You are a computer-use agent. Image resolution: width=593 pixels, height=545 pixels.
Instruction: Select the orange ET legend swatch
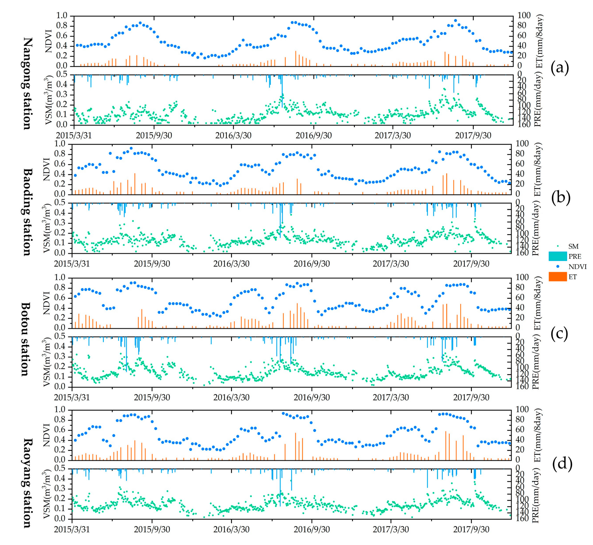tap(557, 277)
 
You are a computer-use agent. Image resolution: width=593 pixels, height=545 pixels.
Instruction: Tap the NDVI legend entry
tap(577, 267)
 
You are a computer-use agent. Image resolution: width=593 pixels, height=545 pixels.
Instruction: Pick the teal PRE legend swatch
tap(557, 256)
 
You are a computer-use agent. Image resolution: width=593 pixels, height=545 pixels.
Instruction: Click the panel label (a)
tap(559, 68)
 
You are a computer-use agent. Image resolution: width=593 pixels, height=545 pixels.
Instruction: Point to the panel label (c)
tap(559, 334)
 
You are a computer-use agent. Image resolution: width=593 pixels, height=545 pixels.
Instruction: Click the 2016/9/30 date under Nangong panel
tap(313, 136)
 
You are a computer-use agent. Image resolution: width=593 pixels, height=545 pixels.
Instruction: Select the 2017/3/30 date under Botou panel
tap(391, 397)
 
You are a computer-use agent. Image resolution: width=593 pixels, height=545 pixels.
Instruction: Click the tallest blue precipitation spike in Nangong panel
tap(282, 91)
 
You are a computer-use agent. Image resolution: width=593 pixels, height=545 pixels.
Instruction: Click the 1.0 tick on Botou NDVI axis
tap(62, 277)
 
